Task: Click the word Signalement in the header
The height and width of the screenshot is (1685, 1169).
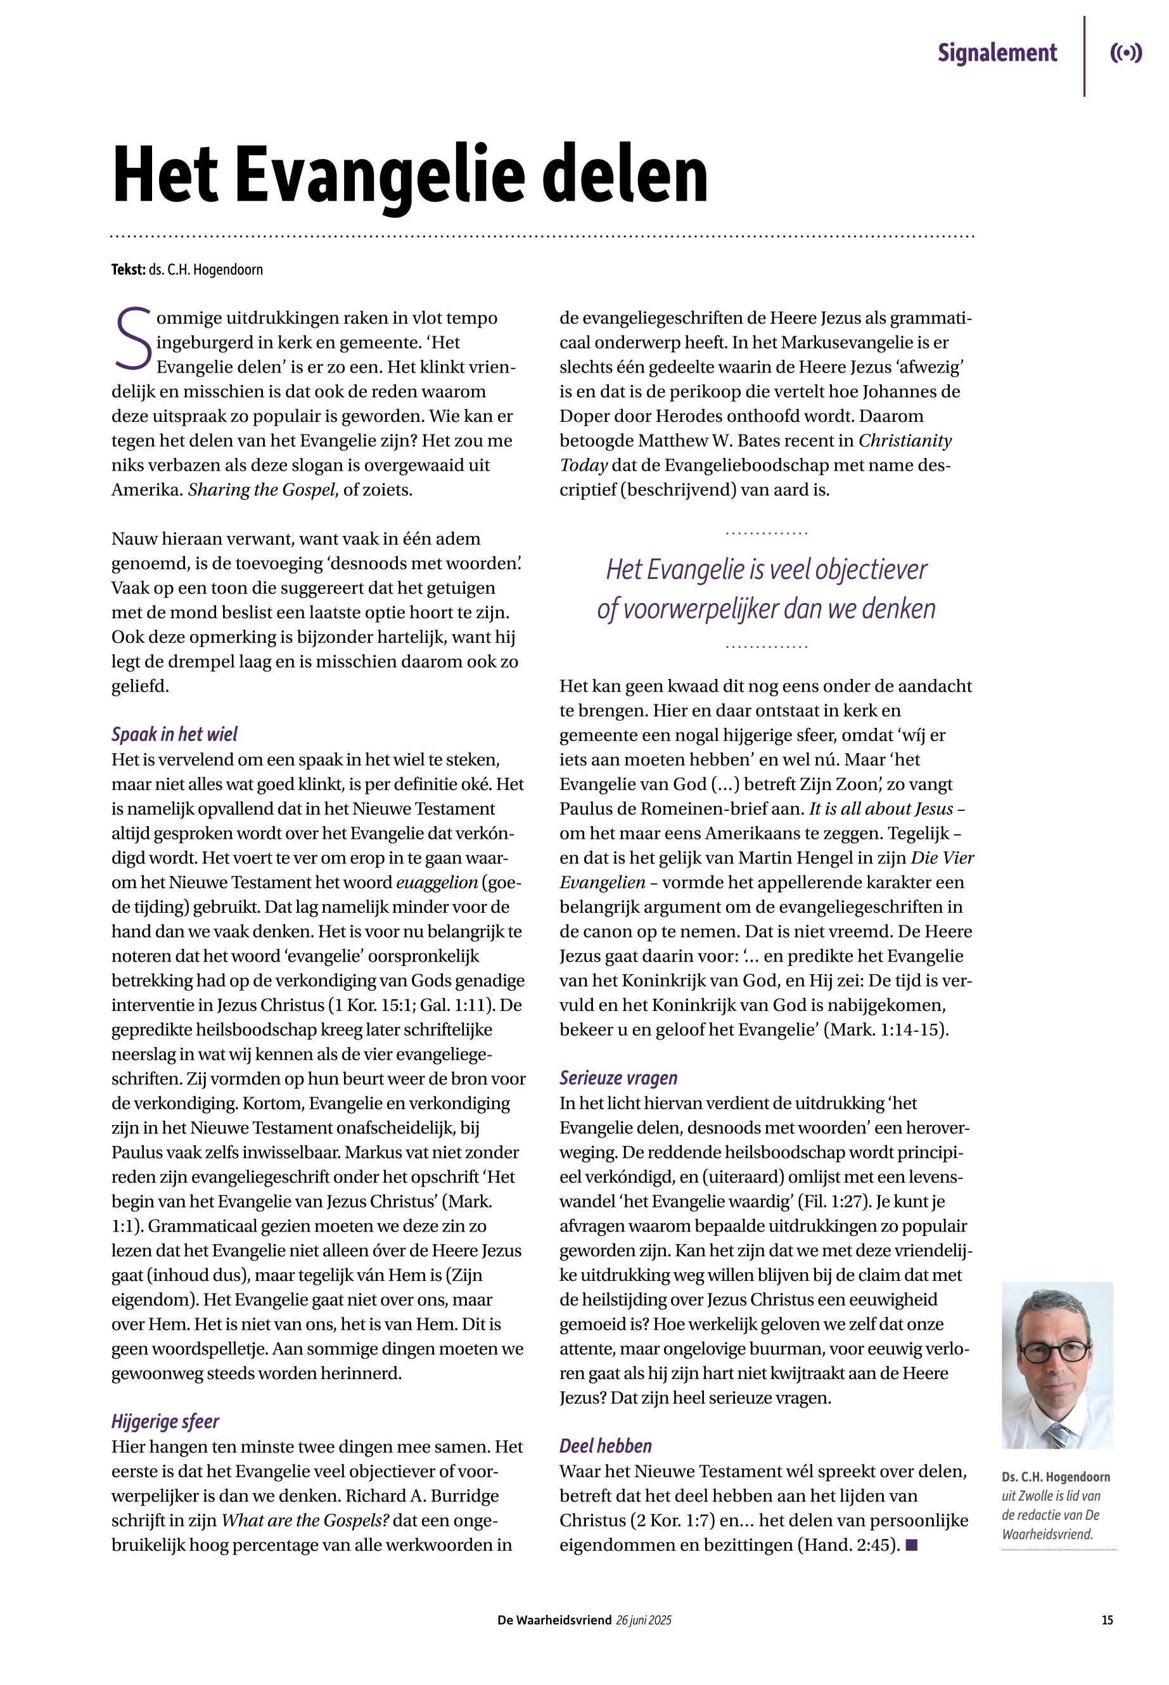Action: click(x=997, y=53)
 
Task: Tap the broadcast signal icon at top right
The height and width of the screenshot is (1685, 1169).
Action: click(x=1126, y=53)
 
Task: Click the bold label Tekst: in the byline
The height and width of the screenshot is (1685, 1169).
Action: click(x=128, y=269)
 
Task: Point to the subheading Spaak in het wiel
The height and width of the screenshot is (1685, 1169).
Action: click(x=174, y=734)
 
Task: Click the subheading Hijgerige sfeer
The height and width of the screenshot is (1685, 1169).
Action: click(x=165, y=1422)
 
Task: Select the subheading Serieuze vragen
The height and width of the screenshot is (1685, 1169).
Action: click(x=618, y=1078)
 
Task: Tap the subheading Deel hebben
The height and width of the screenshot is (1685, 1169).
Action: click(x=605, y=1446)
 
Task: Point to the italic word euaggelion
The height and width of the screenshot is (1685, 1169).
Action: click(x=437, y=882)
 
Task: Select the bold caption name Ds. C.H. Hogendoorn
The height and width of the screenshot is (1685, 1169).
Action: click(x=1056, y=1477)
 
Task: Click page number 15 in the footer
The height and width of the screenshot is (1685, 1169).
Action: click(x=1107, y=1620)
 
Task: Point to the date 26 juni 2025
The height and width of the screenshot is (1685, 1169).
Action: click(x=644, y=1620)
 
